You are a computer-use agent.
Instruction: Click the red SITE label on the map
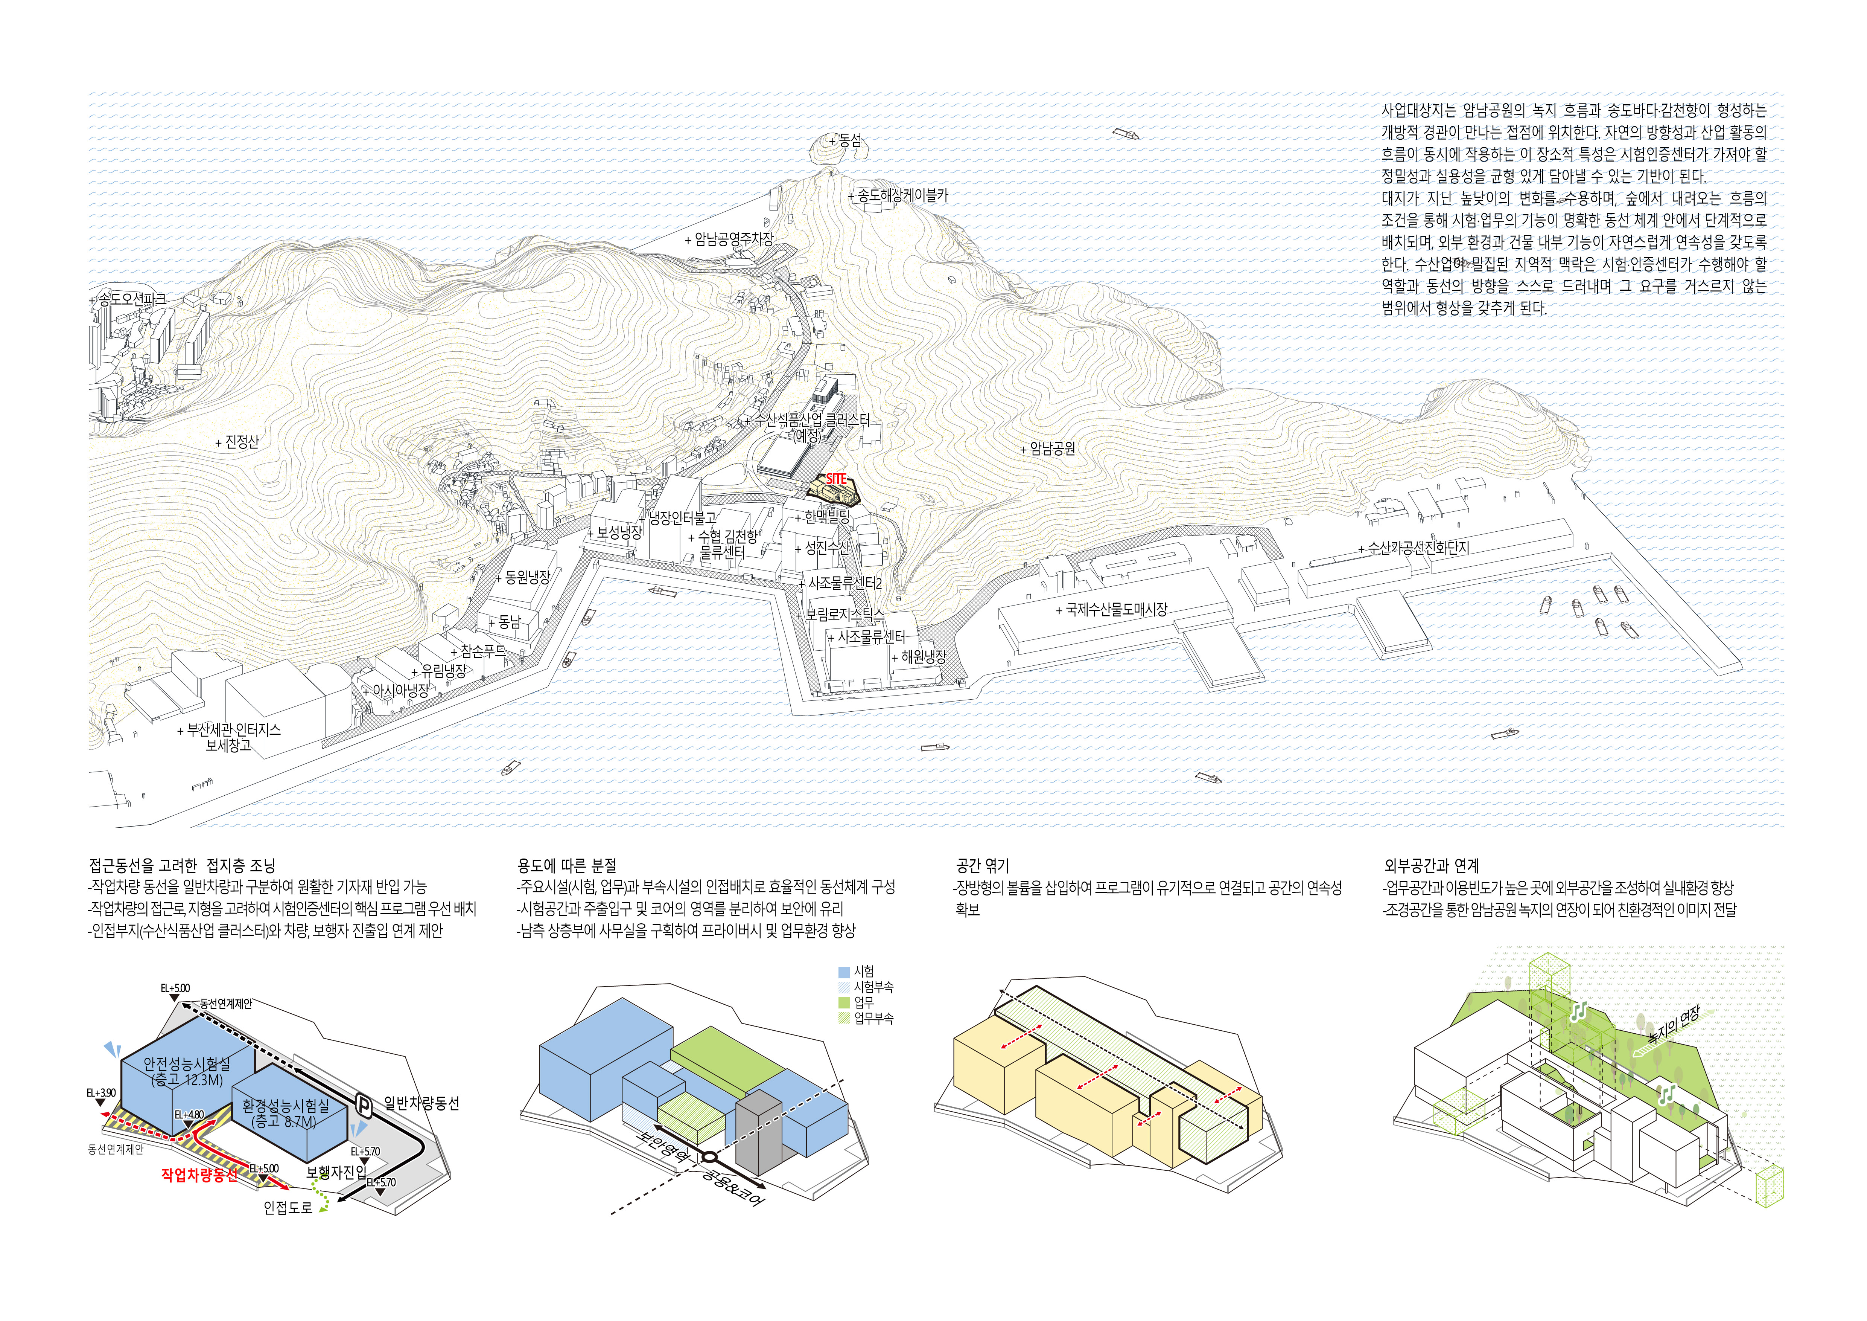point(836,479)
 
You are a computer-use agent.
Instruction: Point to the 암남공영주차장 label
point(733,239)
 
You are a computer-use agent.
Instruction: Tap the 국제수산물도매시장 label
point(1115,609)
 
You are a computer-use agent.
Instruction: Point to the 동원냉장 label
point(527,578)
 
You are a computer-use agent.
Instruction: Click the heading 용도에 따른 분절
point(567,865)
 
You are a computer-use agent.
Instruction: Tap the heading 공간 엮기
point(982,865)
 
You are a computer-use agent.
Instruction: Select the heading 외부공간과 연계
point(1431,865)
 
